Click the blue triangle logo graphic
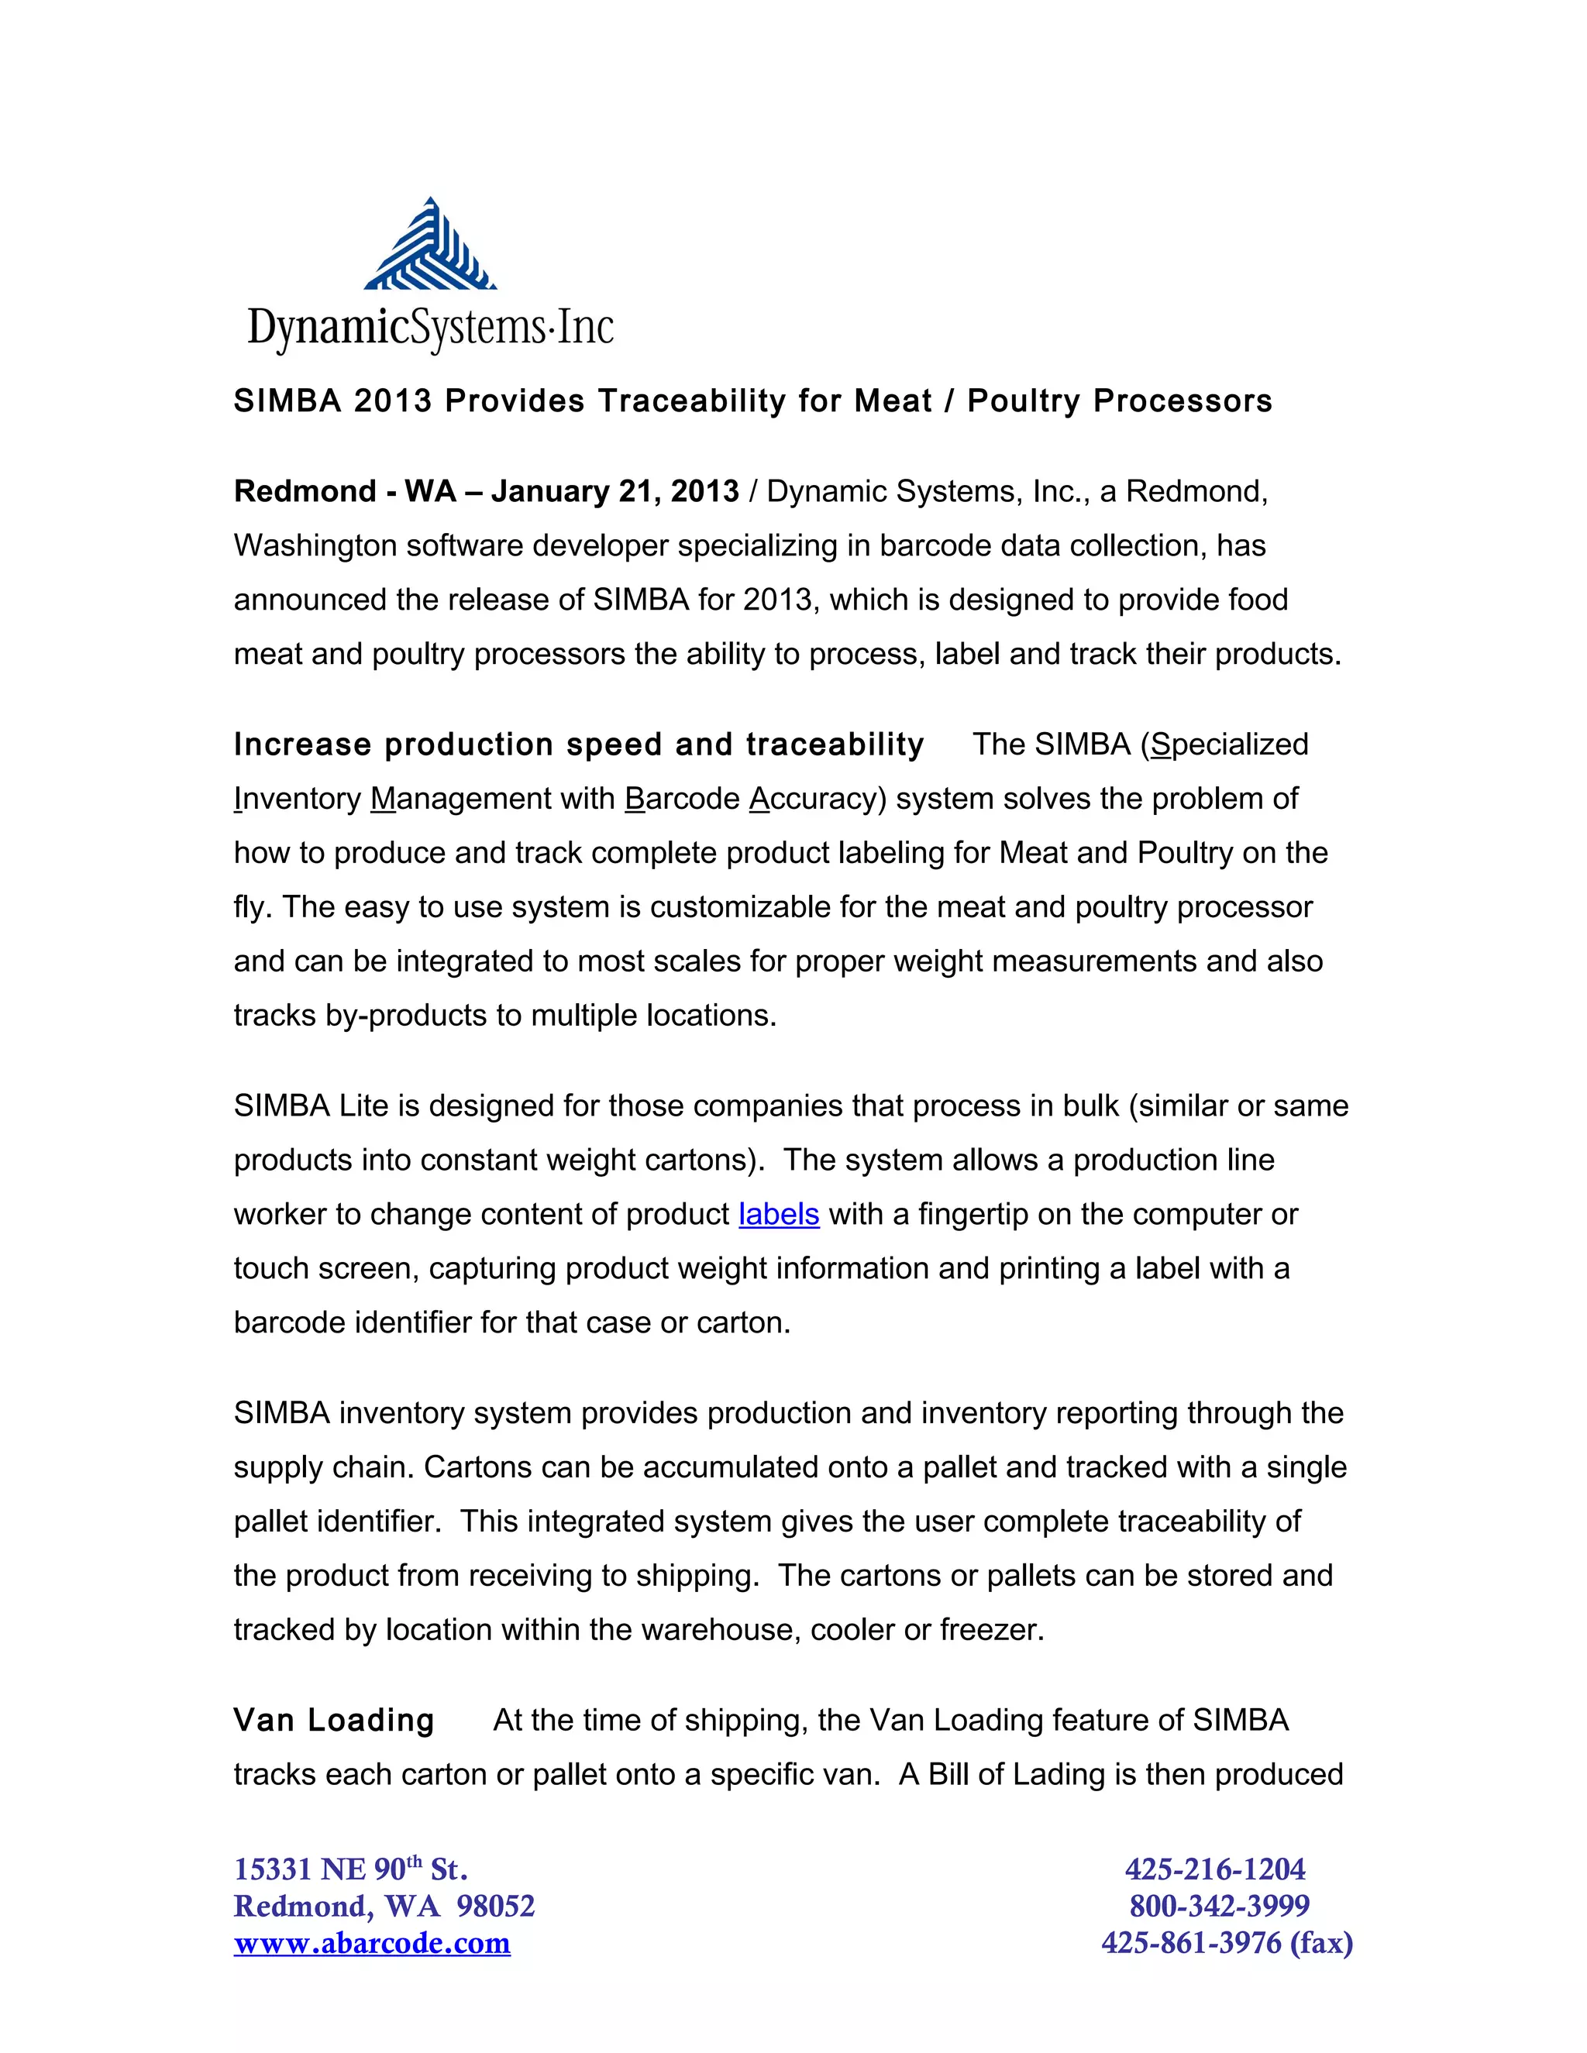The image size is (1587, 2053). coord(431,246)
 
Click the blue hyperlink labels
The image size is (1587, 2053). coord(779,1215)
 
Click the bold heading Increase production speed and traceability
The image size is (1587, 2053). coord(578,745)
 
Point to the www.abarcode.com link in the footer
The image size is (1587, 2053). coord(372,1943)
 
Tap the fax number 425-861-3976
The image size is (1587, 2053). coord(1190,1943)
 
